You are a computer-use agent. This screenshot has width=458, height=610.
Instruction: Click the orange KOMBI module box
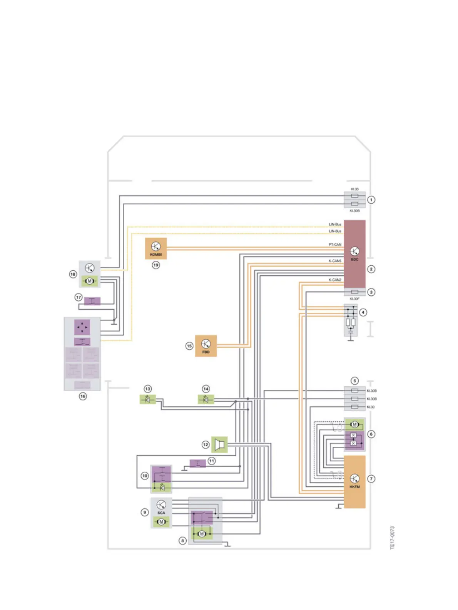coord(156,248)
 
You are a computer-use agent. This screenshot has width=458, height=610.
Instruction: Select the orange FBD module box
coord(206,346)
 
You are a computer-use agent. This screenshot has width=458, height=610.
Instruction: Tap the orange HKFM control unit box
coord(354,482)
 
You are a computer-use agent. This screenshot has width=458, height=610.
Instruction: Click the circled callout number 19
coord(156,265)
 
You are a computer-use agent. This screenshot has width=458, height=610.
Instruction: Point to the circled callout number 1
coord(371,199)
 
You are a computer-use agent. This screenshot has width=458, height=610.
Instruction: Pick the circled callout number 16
coord(83,396)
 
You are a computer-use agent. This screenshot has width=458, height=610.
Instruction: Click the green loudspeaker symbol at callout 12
coord(219,445)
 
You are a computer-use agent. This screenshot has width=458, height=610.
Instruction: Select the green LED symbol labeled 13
coord(148,399)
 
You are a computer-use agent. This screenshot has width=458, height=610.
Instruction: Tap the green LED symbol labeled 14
coord(206,399)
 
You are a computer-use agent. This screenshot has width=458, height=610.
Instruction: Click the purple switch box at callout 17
coord(92,301)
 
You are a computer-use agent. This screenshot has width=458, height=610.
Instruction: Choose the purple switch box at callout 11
coord(198,463)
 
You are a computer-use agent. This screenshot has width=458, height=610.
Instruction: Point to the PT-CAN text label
coord(335,245)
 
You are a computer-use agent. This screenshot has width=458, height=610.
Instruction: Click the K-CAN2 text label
coord(335,280)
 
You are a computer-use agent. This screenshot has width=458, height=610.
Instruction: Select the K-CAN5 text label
coord(335,261)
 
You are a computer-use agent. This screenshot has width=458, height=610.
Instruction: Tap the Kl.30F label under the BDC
coord(354,299)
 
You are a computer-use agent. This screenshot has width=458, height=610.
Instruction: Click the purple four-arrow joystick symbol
coord(82,327)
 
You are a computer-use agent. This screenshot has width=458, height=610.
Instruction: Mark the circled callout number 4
coord(363,312)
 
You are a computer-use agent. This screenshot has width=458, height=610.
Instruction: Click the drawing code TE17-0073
coord(392,538)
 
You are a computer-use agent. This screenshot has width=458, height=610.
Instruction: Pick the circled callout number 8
coord(183,541)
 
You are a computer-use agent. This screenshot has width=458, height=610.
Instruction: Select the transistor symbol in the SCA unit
coord(161,504)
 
